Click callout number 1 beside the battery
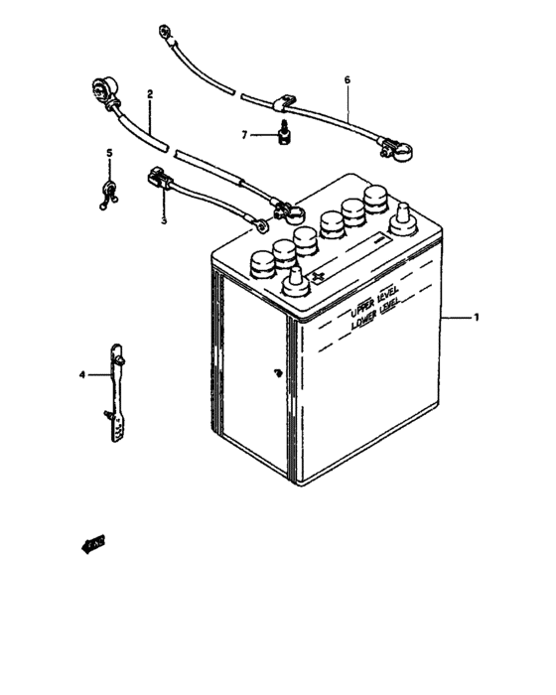(478, 318)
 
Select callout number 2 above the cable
(150, 95)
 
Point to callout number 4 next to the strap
(83, 374)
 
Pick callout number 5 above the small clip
(110, 153)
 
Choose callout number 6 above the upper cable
(347, 79)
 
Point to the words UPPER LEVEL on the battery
(372, 304)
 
